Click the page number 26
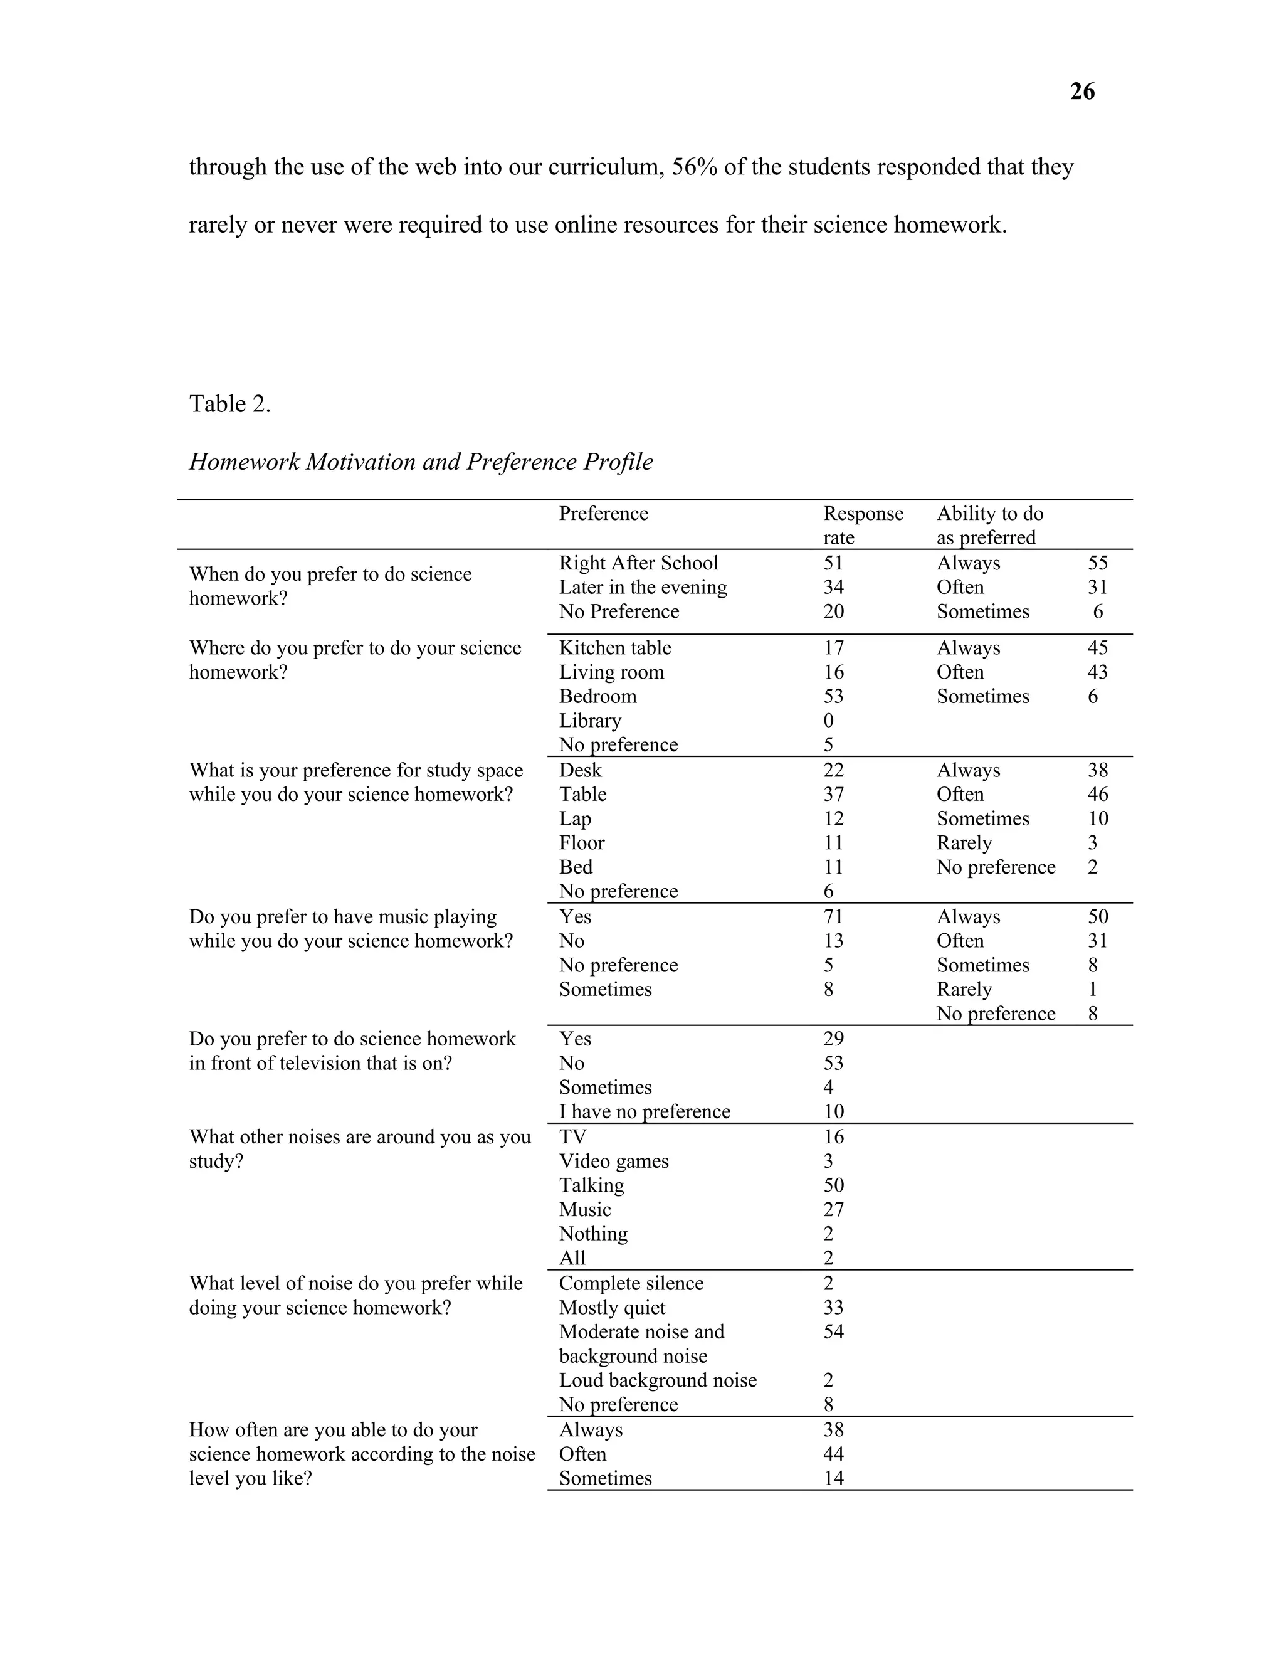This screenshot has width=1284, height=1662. [1081, 92]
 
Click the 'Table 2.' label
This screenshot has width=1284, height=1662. [229, 403]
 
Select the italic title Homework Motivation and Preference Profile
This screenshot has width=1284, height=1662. [421, 462]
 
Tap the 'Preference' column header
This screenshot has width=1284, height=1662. [603, 514]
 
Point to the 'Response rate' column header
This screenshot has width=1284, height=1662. [863, 525]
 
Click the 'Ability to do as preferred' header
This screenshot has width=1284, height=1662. [989, 525]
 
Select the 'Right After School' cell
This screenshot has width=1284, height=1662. [638, 563]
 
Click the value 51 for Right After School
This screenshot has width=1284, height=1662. [833, 563]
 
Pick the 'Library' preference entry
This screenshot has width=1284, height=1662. [589, 721]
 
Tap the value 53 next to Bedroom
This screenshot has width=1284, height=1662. [833, 696]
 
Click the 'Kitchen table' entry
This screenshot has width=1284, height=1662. [614, 648]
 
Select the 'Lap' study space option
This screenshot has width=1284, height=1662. [574, 819]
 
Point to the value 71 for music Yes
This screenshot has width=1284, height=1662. [833, 917]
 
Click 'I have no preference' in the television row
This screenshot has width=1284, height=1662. [645, 1112]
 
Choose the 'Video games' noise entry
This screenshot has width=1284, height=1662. [614, 1162]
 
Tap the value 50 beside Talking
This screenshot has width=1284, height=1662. [833, 1185]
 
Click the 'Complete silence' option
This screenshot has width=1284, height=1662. [631, 1284]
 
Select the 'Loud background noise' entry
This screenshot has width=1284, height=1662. [657, 1380]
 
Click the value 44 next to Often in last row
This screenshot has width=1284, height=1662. [833, 1454]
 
